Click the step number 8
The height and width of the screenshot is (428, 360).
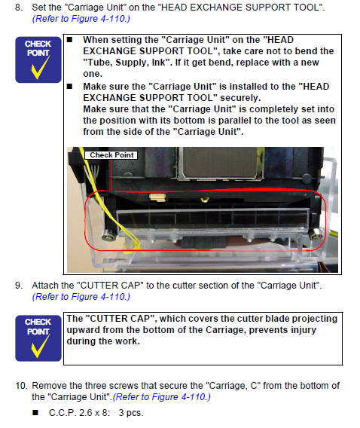[x=19, y=8]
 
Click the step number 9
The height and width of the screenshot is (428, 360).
[x=19, y=286]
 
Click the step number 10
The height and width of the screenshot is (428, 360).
[x=22, y=386]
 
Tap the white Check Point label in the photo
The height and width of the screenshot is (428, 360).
[x=111, y=155]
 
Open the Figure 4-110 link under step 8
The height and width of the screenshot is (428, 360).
[x=81, y=19]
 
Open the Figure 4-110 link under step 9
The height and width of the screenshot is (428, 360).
[x=81, y=297]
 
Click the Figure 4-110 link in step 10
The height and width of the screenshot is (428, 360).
[x=162, y=397]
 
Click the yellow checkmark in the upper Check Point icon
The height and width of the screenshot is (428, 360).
[x=40, y=68]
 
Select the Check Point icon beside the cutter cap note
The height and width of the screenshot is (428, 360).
[x=38, y=338]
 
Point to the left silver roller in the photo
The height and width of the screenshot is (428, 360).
[x=108, y=236]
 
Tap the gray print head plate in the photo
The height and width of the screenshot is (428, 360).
[x=221, y=163]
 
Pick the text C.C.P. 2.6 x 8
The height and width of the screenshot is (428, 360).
[x=79, y=413]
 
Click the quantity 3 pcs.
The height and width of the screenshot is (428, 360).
[x=131, y=413]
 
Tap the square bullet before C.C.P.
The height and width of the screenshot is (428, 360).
[x=35, y=412]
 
